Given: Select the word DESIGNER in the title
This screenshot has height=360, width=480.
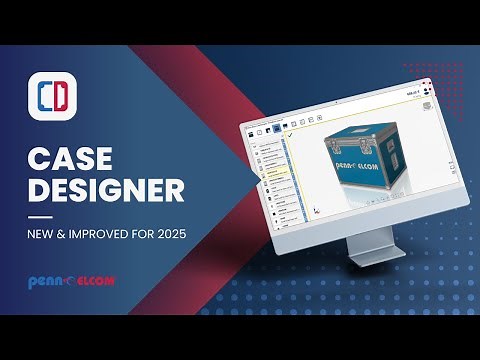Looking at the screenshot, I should pyautogui.click(x=104, y=190).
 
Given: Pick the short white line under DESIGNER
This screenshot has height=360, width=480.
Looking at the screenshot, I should pyautogui.click(x=40, y=215).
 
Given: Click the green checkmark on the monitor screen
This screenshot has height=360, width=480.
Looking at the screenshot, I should pyautogui.click(x=290, y=134).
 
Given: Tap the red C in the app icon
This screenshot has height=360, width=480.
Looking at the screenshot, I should pyautogui.click(x=44, y=98).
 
